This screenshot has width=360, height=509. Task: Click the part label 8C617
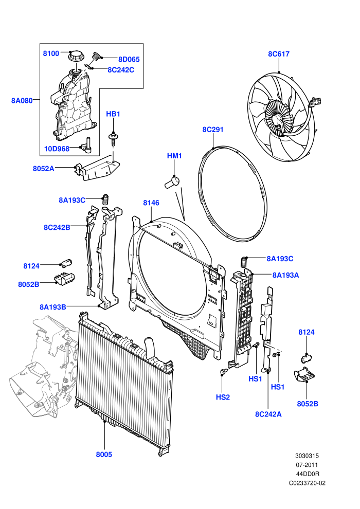point(279,54)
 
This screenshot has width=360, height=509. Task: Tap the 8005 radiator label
point(104,455)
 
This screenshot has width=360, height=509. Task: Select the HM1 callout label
point(174,156)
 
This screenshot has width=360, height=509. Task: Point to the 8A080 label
point(22,101)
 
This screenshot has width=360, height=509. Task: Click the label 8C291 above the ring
point(213,130)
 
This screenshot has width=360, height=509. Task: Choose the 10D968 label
point(57,149)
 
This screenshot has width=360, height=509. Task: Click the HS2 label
point(223,397)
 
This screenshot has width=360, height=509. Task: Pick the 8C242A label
point(268,414)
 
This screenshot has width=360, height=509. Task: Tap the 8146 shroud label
point(151,203)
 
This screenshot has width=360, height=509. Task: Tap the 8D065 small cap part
point(96,57)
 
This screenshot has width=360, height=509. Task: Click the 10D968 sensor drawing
point(87,145)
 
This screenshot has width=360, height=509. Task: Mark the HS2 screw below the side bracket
point(223,371)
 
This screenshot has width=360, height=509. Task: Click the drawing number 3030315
point(307,456)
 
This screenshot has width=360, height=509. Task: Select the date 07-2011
point(307,465)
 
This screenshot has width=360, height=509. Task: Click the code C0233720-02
point(307,483)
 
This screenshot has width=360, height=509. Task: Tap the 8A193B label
point(53,307)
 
